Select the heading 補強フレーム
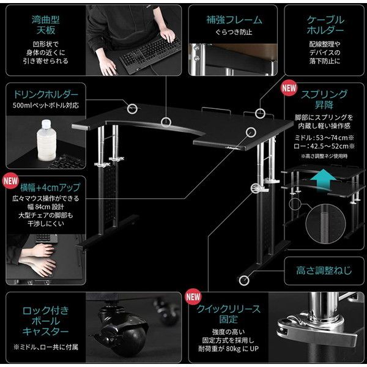(229, 20)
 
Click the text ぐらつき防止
(229, 32)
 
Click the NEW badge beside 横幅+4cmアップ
(10, 181)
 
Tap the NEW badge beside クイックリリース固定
(194, 296)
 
